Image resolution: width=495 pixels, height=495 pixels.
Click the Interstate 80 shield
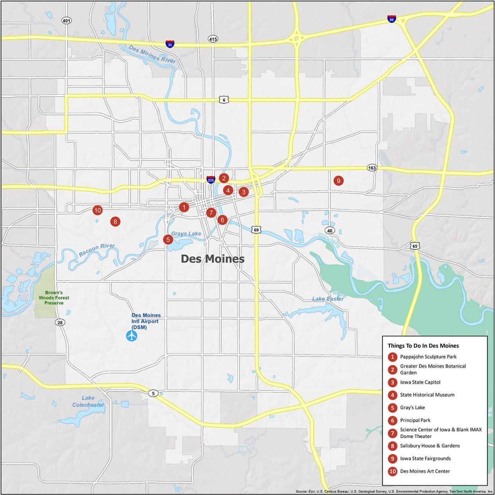(391, 19)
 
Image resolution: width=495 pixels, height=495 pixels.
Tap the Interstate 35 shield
(170, 43)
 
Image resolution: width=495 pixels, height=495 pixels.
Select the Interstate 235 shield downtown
(211, 180)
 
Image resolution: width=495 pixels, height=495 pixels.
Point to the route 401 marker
(67, 20)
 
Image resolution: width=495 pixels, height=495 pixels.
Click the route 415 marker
(213, 39)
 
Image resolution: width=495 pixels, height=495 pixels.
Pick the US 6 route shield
(224, 100)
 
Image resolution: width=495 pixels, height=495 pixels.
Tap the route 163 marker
(372, 168)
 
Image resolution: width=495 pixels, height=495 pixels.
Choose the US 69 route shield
(256, 230)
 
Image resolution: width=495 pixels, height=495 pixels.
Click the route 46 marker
(330, 231)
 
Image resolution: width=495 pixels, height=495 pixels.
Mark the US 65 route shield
(414, 246)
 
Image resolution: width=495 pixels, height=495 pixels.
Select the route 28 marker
(60, 322)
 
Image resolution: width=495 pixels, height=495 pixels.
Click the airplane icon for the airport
(132, 336)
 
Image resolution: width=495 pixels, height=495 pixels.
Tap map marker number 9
(338, 181)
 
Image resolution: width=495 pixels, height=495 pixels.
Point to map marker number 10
(97, 210)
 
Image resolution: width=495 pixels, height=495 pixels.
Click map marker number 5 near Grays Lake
(168, 239)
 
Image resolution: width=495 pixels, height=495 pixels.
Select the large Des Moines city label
(212, 259)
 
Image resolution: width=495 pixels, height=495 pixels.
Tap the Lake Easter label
(328, 299)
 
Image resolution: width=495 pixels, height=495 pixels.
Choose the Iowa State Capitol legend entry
(420, 382)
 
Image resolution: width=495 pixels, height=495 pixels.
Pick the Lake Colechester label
(88, 401)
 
